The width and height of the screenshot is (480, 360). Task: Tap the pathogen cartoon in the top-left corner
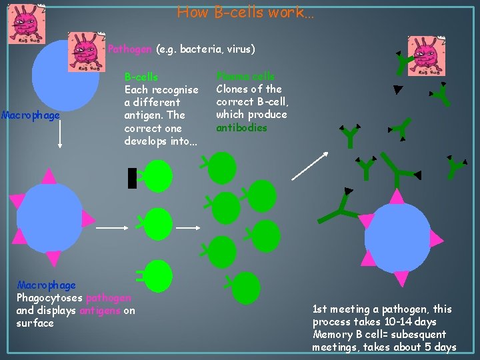tap(27, 24)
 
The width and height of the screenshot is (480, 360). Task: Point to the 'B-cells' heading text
tap(141, 77)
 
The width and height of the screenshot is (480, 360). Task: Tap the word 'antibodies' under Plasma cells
tap(241, 128)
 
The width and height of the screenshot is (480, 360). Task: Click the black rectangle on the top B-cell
tap(132, 177)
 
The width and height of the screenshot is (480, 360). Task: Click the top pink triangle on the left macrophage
tap(49, 175)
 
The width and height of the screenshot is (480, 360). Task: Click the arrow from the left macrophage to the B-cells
tap(112, 227)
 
